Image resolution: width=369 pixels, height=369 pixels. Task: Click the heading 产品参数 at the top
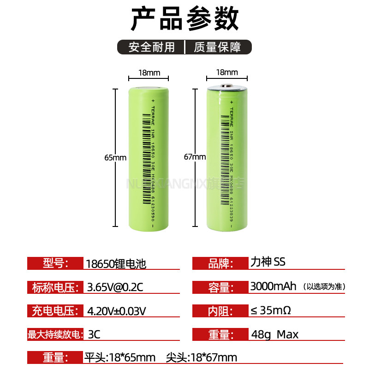coord(184,20)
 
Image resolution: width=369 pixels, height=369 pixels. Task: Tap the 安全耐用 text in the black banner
coord(152,47)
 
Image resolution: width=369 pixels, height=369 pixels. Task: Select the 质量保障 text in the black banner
coord(217,47)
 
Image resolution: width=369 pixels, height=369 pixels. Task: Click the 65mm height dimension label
coord(115,157)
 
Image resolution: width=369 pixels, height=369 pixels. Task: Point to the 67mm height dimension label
coord(195,157)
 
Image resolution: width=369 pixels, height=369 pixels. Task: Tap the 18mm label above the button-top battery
coord(227,72)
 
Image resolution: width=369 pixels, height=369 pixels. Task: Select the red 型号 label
coord(55,263)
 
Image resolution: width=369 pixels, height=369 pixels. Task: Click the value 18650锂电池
coord(116,264)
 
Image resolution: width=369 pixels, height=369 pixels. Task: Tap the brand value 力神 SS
coord(268,262)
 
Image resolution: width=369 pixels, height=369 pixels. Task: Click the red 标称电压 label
coord(54,287)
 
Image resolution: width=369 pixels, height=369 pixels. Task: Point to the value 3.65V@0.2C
coord(115,287)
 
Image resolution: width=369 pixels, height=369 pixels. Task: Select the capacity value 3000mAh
coord(273,286)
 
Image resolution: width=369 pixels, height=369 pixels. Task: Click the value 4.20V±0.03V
coord(117,311)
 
